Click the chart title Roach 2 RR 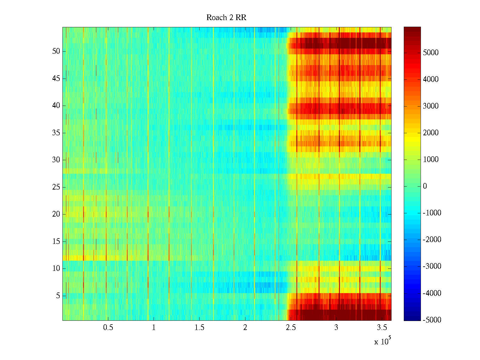point(226,18)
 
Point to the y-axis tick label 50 point(56,51)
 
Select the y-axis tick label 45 point(56,79)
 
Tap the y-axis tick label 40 point(56,106)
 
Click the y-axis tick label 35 point(56,133)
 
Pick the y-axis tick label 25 point(56,187)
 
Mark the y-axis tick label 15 point(56,241)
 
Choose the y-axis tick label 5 point(58,296)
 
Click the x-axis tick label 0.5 point(108,328)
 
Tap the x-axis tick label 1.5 point(199,328)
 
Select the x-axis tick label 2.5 point(291,328)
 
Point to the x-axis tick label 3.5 point(382,328)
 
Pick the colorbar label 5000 point(431,53)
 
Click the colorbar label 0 point(425,186)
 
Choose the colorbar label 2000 point(431,133)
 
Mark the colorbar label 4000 point(431,79)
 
